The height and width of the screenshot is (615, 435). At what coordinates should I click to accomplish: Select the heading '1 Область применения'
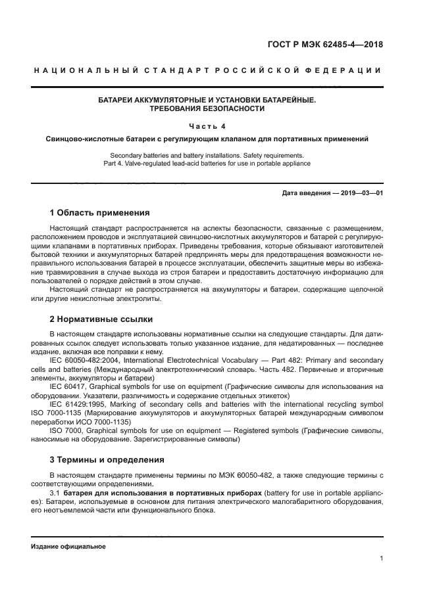tap(99, 213)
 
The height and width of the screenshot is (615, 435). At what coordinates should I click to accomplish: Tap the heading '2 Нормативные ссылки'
tap(101, 319)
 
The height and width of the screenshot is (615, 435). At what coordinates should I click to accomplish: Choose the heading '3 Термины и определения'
tap(107, 459)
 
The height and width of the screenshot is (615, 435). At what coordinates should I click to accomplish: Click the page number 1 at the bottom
tap(381, 558)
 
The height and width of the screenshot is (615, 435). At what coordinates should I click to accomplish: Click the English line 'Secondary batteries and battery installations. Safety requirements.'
tap(207, 155)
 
